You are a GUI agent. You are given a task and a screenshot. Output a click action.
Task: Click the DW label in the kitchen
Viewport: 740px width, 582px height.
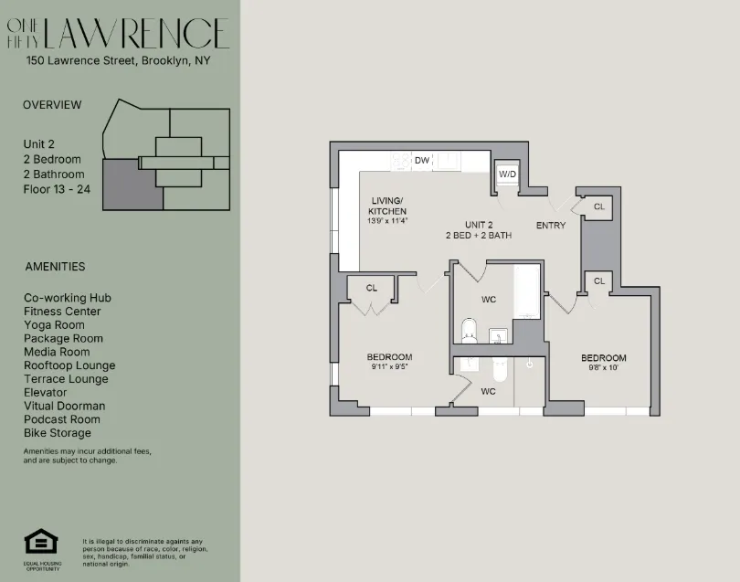421,161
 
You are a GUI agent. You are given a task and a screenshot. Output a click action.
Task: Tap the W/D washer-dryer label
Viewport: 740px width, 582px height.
507,175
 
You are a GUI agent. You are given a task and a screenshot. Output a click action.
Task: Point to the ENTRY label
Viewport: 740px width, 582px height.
551,226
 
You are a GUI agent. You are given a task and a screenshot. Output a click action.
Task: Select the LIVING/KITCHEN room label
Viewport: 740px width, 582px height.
386,206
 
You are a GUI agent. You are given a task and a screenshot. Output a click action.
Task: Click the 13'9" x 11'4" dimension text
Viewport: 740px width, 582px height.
386,220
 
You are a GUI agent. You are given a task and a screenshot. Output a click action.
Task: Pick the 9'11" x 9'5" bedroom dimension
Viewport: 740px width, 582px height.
389,367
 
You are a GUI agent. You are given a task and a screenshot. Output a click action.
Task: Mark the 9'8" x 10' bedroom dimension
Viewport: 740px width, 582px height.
603,368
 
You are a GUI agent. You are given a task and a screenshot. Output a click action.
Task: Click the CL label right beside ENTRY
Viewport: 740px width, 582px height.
598,206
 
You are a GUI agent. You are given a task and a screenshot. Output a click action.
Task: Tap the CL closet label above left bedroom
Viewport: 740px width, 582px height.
371,288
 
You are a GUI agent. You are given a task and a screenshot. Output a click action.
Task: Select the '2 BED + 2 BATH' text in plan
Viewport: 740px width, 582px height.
479,236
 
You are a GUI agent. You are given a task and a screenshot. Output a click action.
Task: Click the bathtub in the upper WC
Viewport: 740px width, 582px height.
526,290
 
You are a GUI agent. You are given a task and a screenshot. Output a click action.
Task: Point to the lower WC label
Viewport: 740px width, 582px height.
488,391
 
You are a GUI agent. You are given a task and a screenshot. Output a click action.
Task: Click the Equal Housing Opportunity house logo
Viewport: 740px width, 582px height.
41,542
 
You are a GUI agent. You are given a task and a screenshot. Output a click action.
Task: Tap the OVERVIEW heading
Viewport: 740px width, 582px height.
52,105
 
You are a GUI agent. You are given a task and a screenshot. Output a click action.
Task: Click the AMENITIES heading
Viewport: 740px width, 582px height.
55,267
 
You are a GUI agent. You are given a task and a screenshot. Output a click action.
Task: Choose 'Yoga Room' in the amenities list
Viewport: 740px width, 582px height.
54,325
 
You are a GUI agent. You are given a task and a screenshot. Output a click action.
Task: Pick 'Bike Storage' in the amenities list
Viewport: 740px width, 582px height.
57,433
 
